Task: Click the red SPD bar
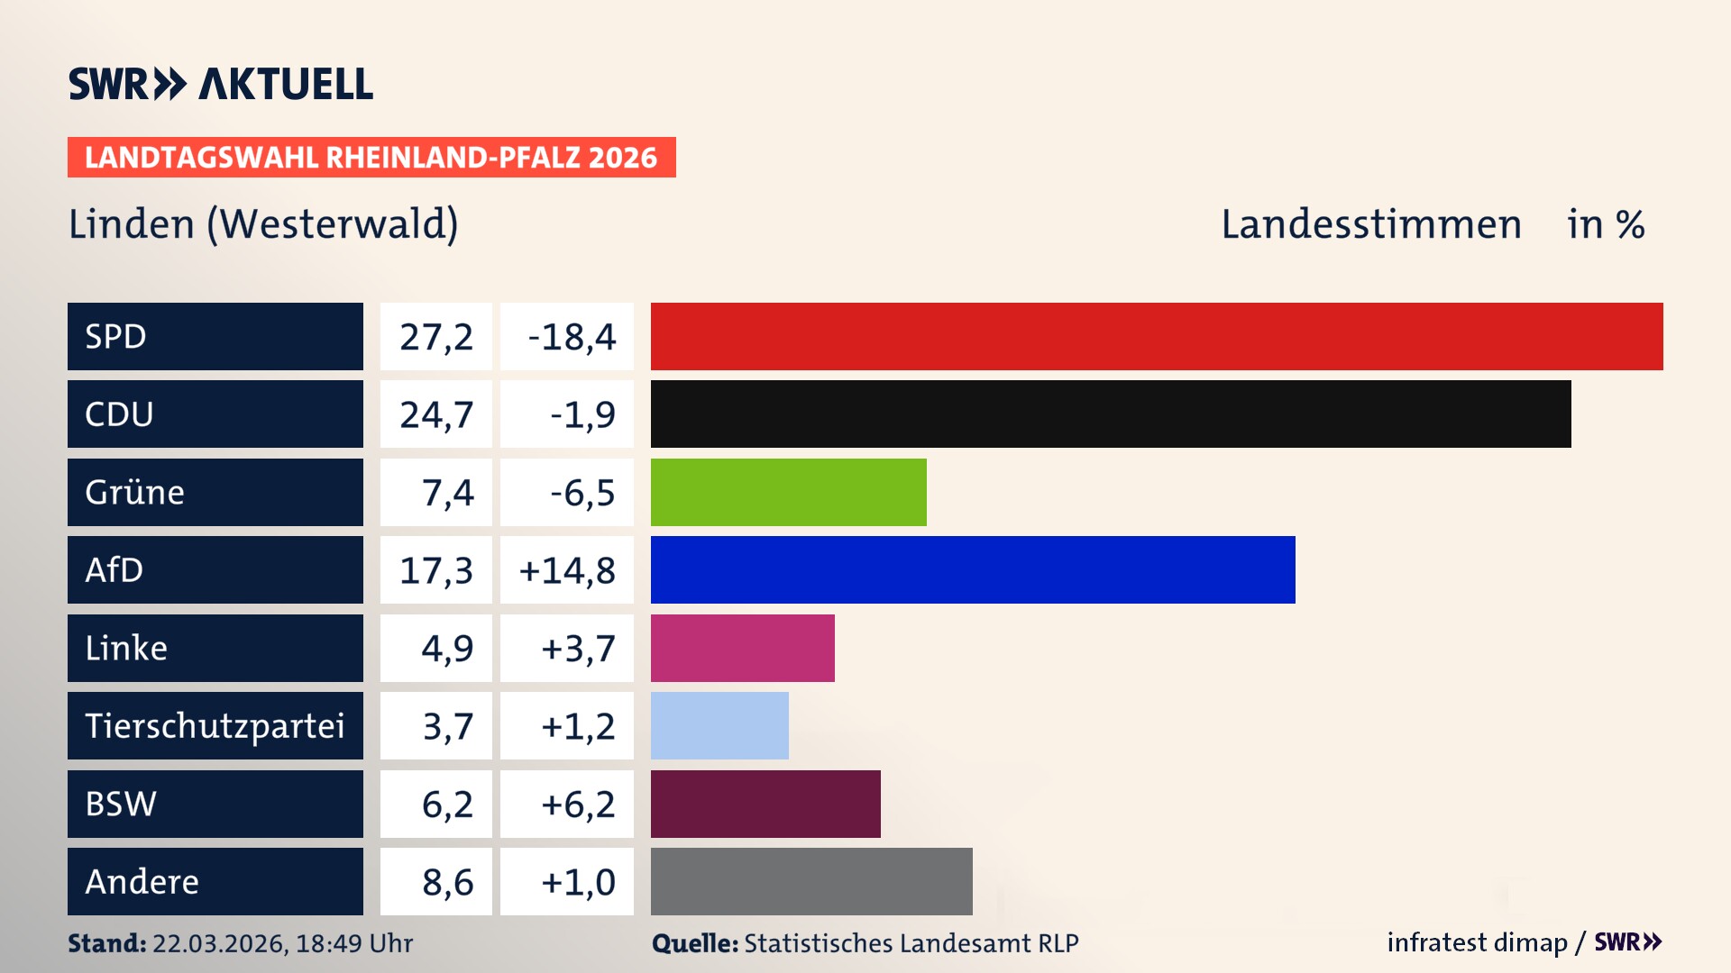pyautogui.click(x=1157, y=336)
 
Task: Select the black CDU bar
pyautogui.click(x=1111, y=414)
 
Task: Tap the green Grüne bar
pyautogui.click(x=788, y=492)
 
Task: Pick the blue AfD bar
pyautogui.click(x=973, y=570)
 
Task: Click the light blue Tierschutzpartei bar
pyautogui.click(x=719, y=726)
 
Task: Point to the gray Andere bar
pyautogui.click(x=811, y=881)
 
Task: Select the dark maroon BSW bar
pyautogui.click(x=765, y=804)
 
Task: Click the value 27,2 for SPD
pyautogui.click(x=436, y=337)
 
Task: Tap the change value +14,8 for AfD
pyautogui.click(x=567, y=570)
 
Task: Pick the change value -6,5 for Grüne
pyautogui.click(x=582, y=493)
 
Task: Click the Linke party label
pyautogui.click(x=126, y=648)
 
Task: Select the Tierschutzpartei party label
pyautogui.click(x=215, y=726)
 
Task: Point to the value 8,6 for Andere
pyautogui.click(x=447, y=882)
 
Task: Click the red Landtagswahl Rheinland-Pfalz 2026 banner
pyautogui.click(x=371, y=158)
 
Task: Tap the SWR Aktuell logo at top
pyautogui.click(x=221, y=84)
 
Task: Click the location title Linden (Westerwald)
pyautogui.click(x=263, y=224)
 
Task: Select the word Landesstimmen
pyautogui.click(x=1370, y=224)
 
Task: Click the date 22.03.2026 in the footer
pyautogui.click(x=219, y=943)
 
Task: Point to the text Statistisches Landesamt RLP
pyautogui.click(x=911, y=943)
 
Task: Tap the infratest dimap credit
pyautogui.click(x=1477, y=942)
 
